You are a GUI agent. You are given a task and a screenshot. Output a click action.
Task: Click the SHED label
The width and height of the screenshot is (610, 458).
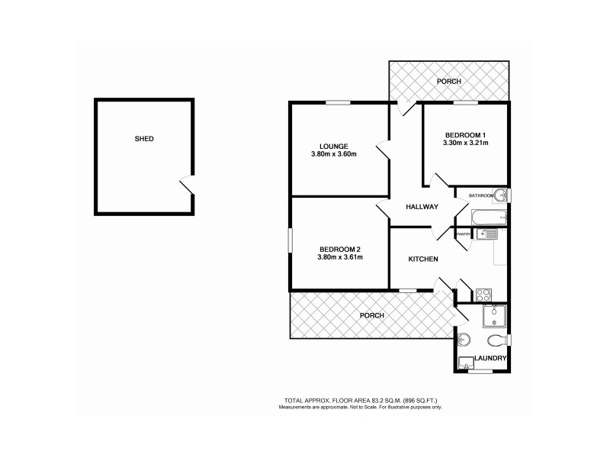pyautogui.click(x=144, y=139)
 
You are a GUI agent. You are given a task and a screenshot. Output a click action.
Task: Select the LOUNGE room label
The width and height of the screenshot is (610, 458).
pyautogui.click(x=334, y=146)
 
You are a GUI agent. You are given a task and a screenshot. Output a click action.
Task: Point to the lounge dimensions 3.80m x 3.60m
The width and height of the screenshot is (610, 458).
pyautogui.click(x=334, y=154)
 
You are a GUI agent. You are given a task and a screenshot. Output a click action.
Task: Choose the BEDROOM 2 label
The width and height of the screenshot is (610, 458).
pyautogui.click(x=340, y=249)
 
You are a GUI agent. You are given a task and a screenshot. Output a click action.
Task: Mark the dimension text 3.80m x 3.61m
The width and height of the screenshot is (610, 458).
pyautogui.click(x=340, y=257)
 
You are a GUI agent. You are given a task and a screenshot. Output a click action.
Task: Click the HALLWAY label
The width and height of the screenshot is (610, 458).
pyautogui.click(x=422, y=207)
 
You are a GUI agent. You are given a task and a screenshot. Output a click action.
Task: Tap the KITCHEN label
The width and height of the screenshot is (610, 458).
pyautogui.click(x=423, y=260)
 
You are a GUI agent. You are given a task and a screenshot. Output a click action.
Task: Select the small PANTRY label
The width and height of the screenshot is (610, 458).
pyautogui.click(x=463, y=235)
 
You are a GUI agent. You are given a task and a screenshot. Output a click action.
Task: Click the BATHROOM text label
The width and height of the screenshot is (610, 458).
pyautogui.click(x=481, y=196)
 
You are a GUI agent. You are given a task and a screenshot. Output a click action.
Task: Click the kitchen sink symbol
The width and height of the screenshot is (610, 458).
pyautogui.click(x=486, y=234)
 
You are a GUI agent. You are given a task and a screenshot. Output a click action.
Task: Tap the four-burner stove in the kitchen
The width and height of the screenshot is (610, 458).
pyautogui.click(x=483, y=292)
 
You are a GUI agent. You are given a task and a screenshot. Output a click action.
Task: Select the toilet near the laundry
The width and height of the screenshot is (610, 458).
pyautogui.click(x=495, y=340)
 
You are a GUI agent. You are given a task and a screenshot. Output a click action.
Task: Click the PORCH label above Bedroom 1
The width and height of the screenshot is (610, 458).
pyautogui.click(x=448, y=81)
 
